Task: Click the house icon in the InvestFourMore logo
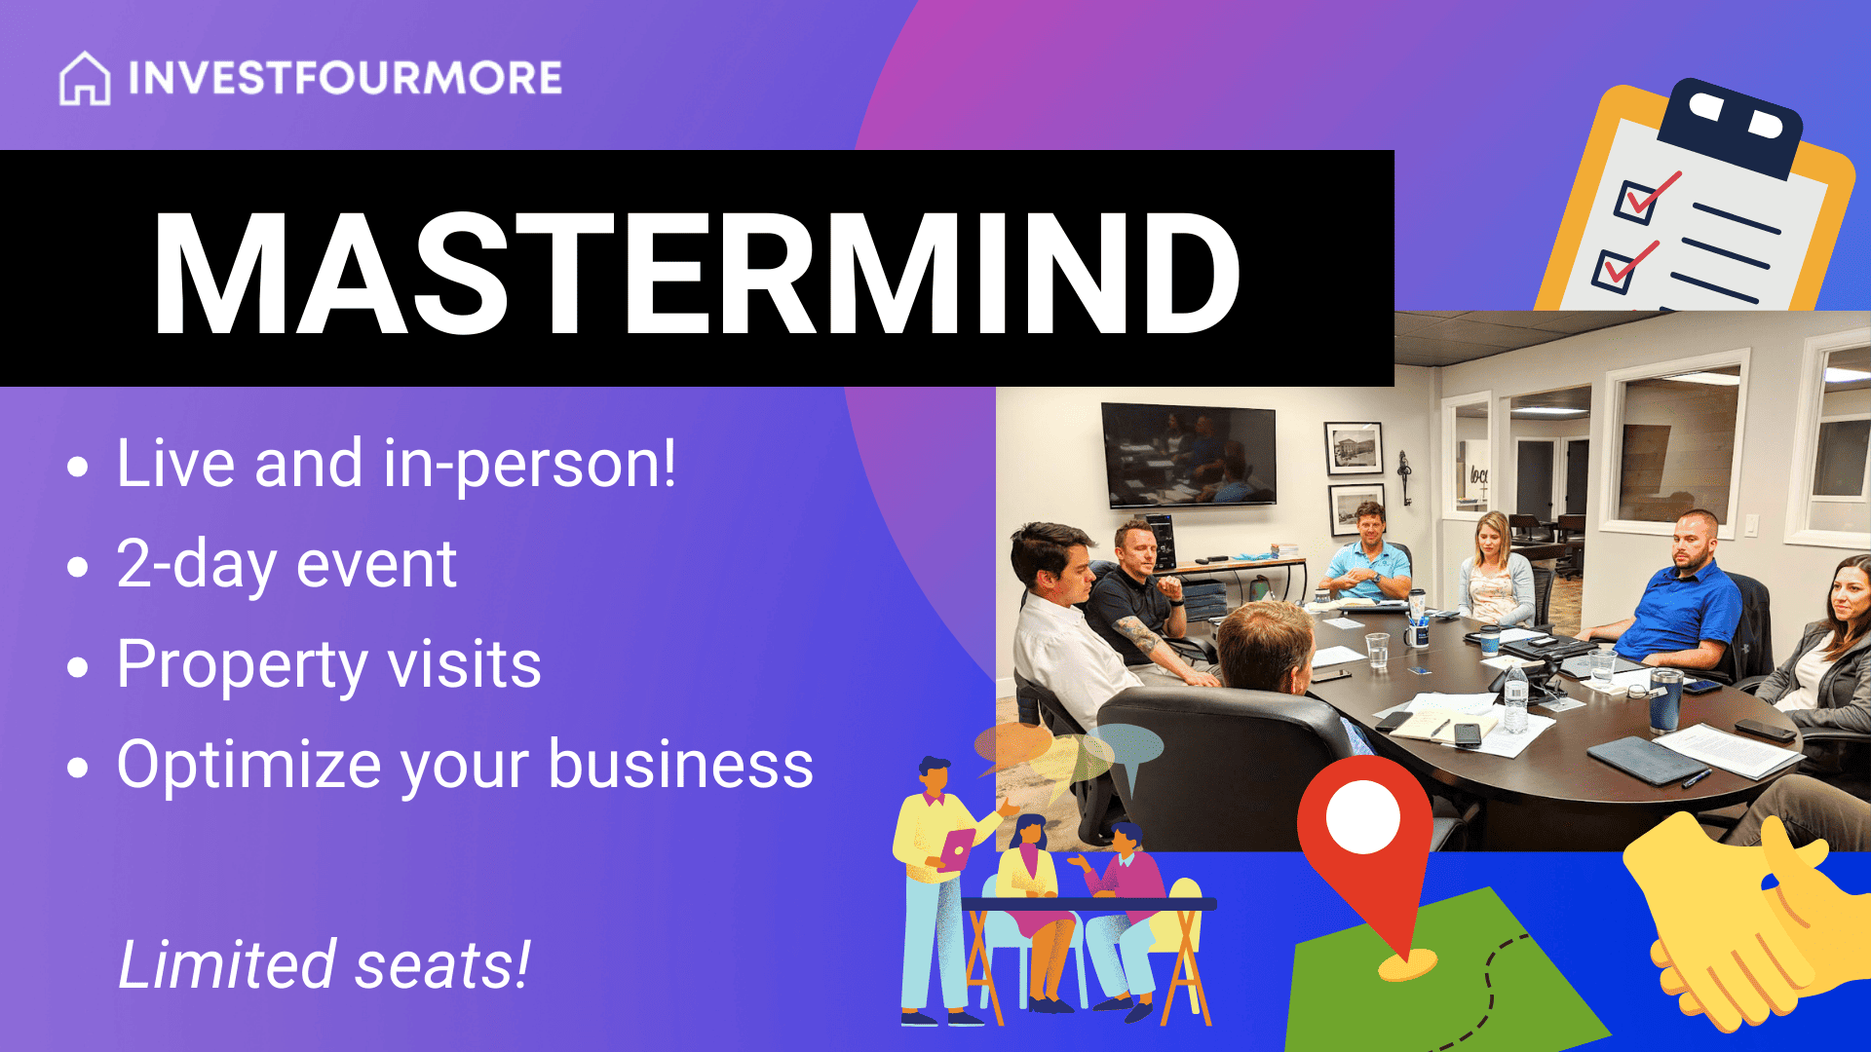85,78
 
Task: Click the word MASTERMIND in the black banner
696,273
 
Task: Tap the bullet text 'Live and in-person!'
396,464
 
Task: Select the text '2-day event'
286,565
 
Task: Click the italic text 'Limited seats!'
324,964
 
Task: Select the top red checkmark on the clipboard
1649,195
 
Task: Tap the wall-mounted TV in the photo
1188,455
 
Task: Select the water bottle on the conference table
1515,699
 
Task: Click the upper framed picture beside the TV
1354,447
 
